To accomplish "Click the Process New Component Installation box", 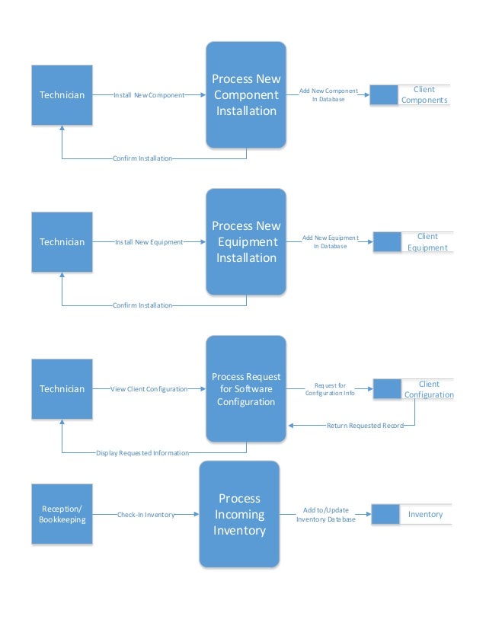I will point(246,95).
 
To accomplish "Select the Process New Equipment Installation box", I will point(246,241).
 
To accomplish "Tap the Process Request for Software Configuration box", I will point(246,388).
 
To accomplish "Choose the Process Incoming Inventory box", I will point(239,514).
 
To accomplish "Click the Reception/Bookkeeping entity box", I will point(62,514).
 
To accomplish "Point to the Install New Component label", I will point(149,95).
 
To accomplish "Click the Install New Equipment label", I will point(149,242).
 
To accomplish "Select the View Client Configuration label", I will point(149,389).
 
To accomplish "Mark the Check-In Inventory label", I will point(145,515).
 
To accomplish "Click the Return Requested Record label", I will point(365,425).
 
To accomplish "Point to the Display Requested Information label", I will point(142,453).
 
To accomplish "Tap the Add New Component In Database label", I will point(328,94).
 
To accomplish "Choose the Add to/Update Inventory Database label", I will point(326,515).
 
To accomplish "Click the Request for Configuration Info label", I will point(330,389).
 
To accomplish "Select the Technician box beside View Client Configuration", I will point(62,389).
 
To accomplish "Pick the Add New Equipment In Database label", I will point(330,241).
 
